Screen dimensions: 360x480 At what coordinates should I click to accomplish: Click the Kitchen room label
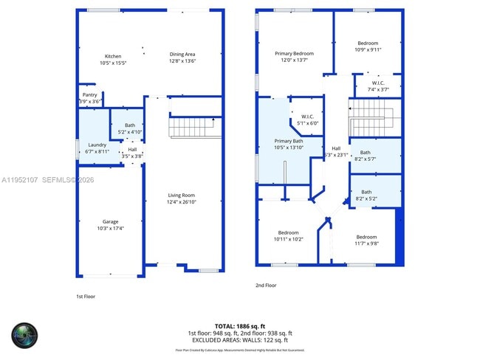point(113,56)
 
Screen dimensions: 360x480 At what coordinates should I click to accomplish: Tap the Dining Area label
point(182,54)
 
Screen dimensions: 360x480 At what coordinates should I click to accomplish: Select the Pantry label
point(89,94)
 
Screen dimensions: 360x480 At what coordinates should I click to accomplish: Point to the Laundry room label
point(97,145)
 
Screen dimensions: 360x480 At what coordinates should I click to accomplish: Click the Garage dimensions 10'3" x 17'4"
point(111,229)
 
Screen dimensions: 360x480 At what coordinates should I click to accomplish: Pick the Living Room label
point(181,195)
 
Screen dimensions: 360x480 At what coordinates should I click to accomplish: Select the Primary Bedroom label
point(294,54)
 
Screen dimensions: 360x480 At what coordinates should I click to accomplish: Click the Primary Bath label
point(289,140)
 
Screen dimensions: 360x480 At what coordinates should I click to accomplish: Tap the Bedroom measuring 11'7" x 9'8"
point(366,238)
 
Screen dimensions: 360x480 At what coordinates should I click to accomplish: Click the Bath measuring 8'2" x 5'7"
point(366,153)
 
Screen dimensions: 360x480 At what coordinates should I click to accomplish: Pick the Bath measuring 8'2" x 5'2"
point(366,192)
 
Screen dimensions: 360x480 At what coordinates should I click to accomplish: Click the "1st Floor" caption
point(86,297)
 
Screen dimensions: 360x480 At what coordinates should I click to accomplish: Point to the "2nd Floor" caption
point(266,285)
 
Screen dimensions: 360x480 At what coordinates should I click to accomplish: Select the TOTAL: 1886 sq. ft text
point(240,325)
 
